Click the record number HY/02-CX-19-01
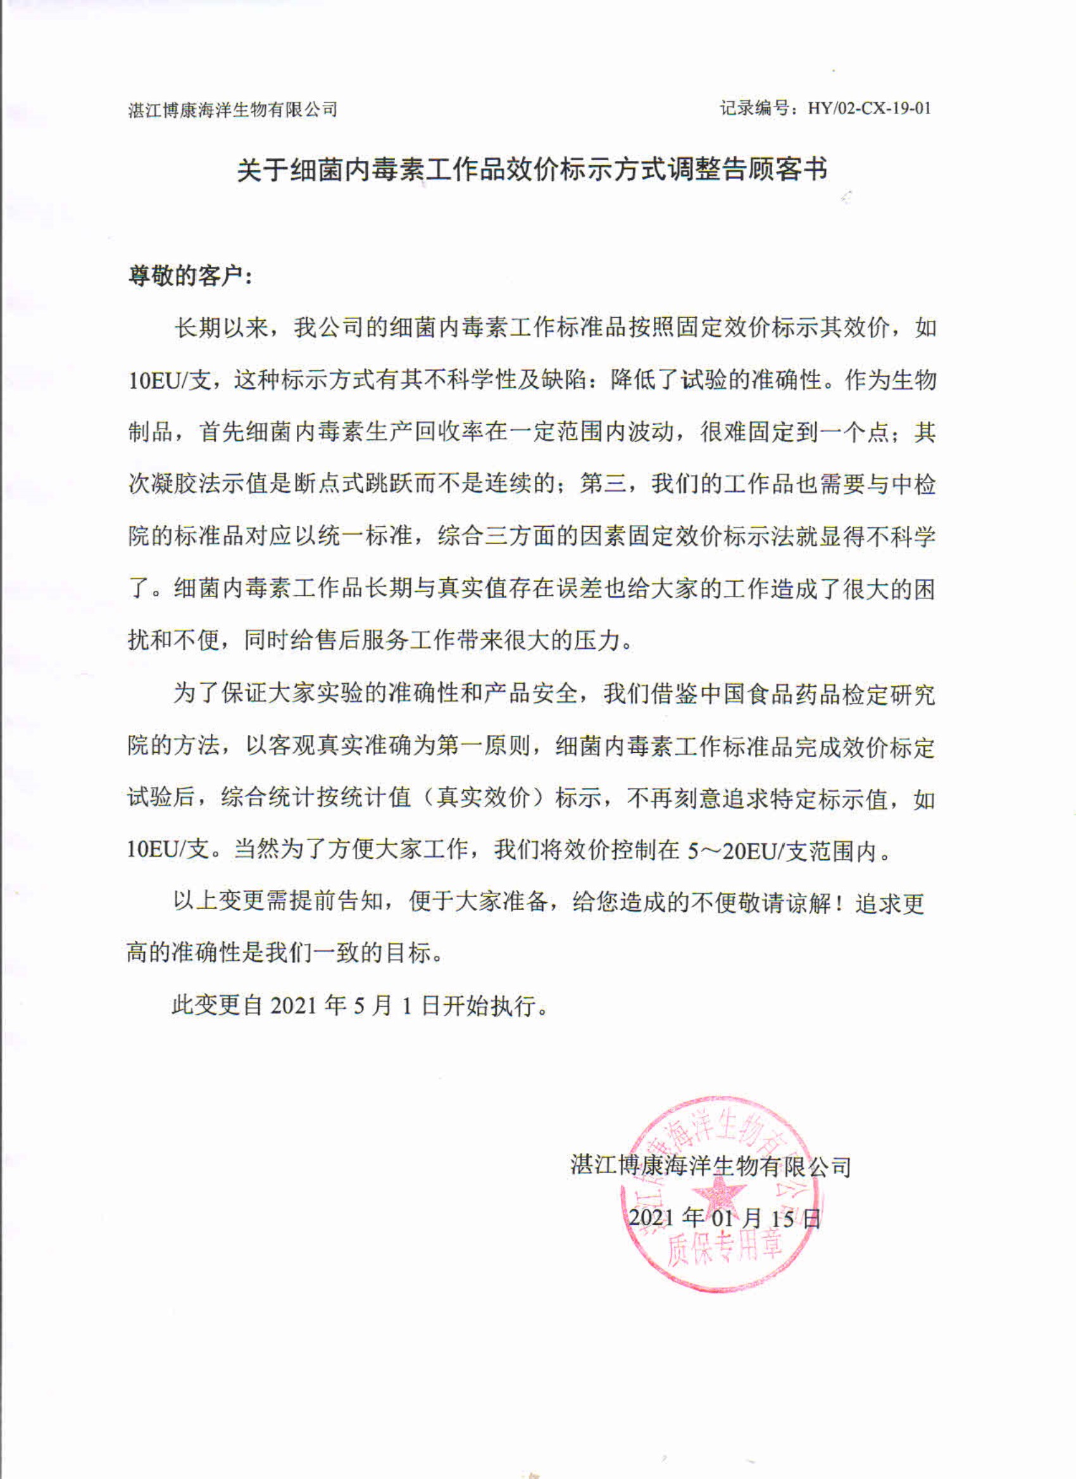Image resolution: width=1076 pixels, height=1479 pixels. [x=870, y=108]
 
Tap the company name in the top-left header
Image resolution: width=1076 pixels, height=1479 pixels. [x=233, y=110]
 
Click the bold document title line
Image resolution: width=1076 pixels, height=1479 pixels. [x=532, y=170]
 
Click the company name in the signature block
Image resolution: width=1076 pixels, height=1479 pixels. [x=711, y=1166]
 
